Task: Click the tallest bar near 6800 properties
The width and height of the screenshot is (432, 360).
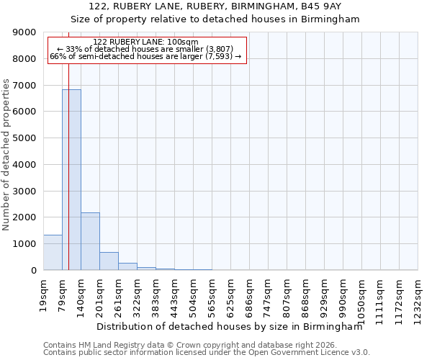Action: [71, 180]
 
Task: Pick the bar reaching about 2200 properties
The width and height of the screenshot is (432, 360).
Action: [90, 241]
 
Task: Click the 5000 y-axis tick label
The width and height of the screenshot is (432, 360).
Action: [25, 138]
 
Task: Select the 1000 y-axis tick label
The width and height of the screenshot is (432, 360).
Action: [25, 244]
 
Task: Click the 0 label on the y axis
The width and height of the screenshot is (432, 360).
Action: [33, 271]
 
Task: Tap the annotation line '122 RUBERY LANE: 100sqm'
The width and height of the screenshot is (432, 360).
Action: [145, 42]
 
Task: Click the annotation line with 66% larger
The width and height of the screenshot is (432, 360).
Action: [145, 56]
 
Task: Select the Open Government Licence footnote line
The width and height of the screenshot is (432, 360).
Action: [206, 353]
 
